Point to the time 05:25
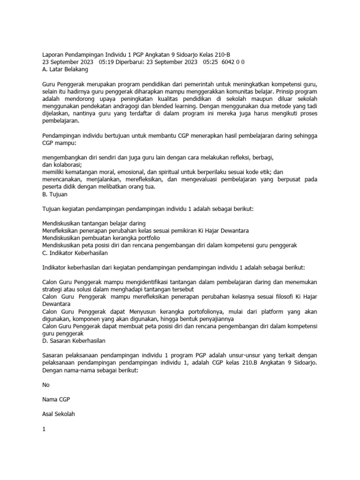tap(212, 62)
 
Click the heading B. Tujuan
tap(54, 193)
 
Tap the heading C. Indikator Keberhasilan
tap(75, 253)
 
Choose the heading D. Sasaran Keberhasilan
tap(74, 341)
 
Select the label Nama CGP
tap(56, 399)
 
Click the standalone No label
tap(45, 384)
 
